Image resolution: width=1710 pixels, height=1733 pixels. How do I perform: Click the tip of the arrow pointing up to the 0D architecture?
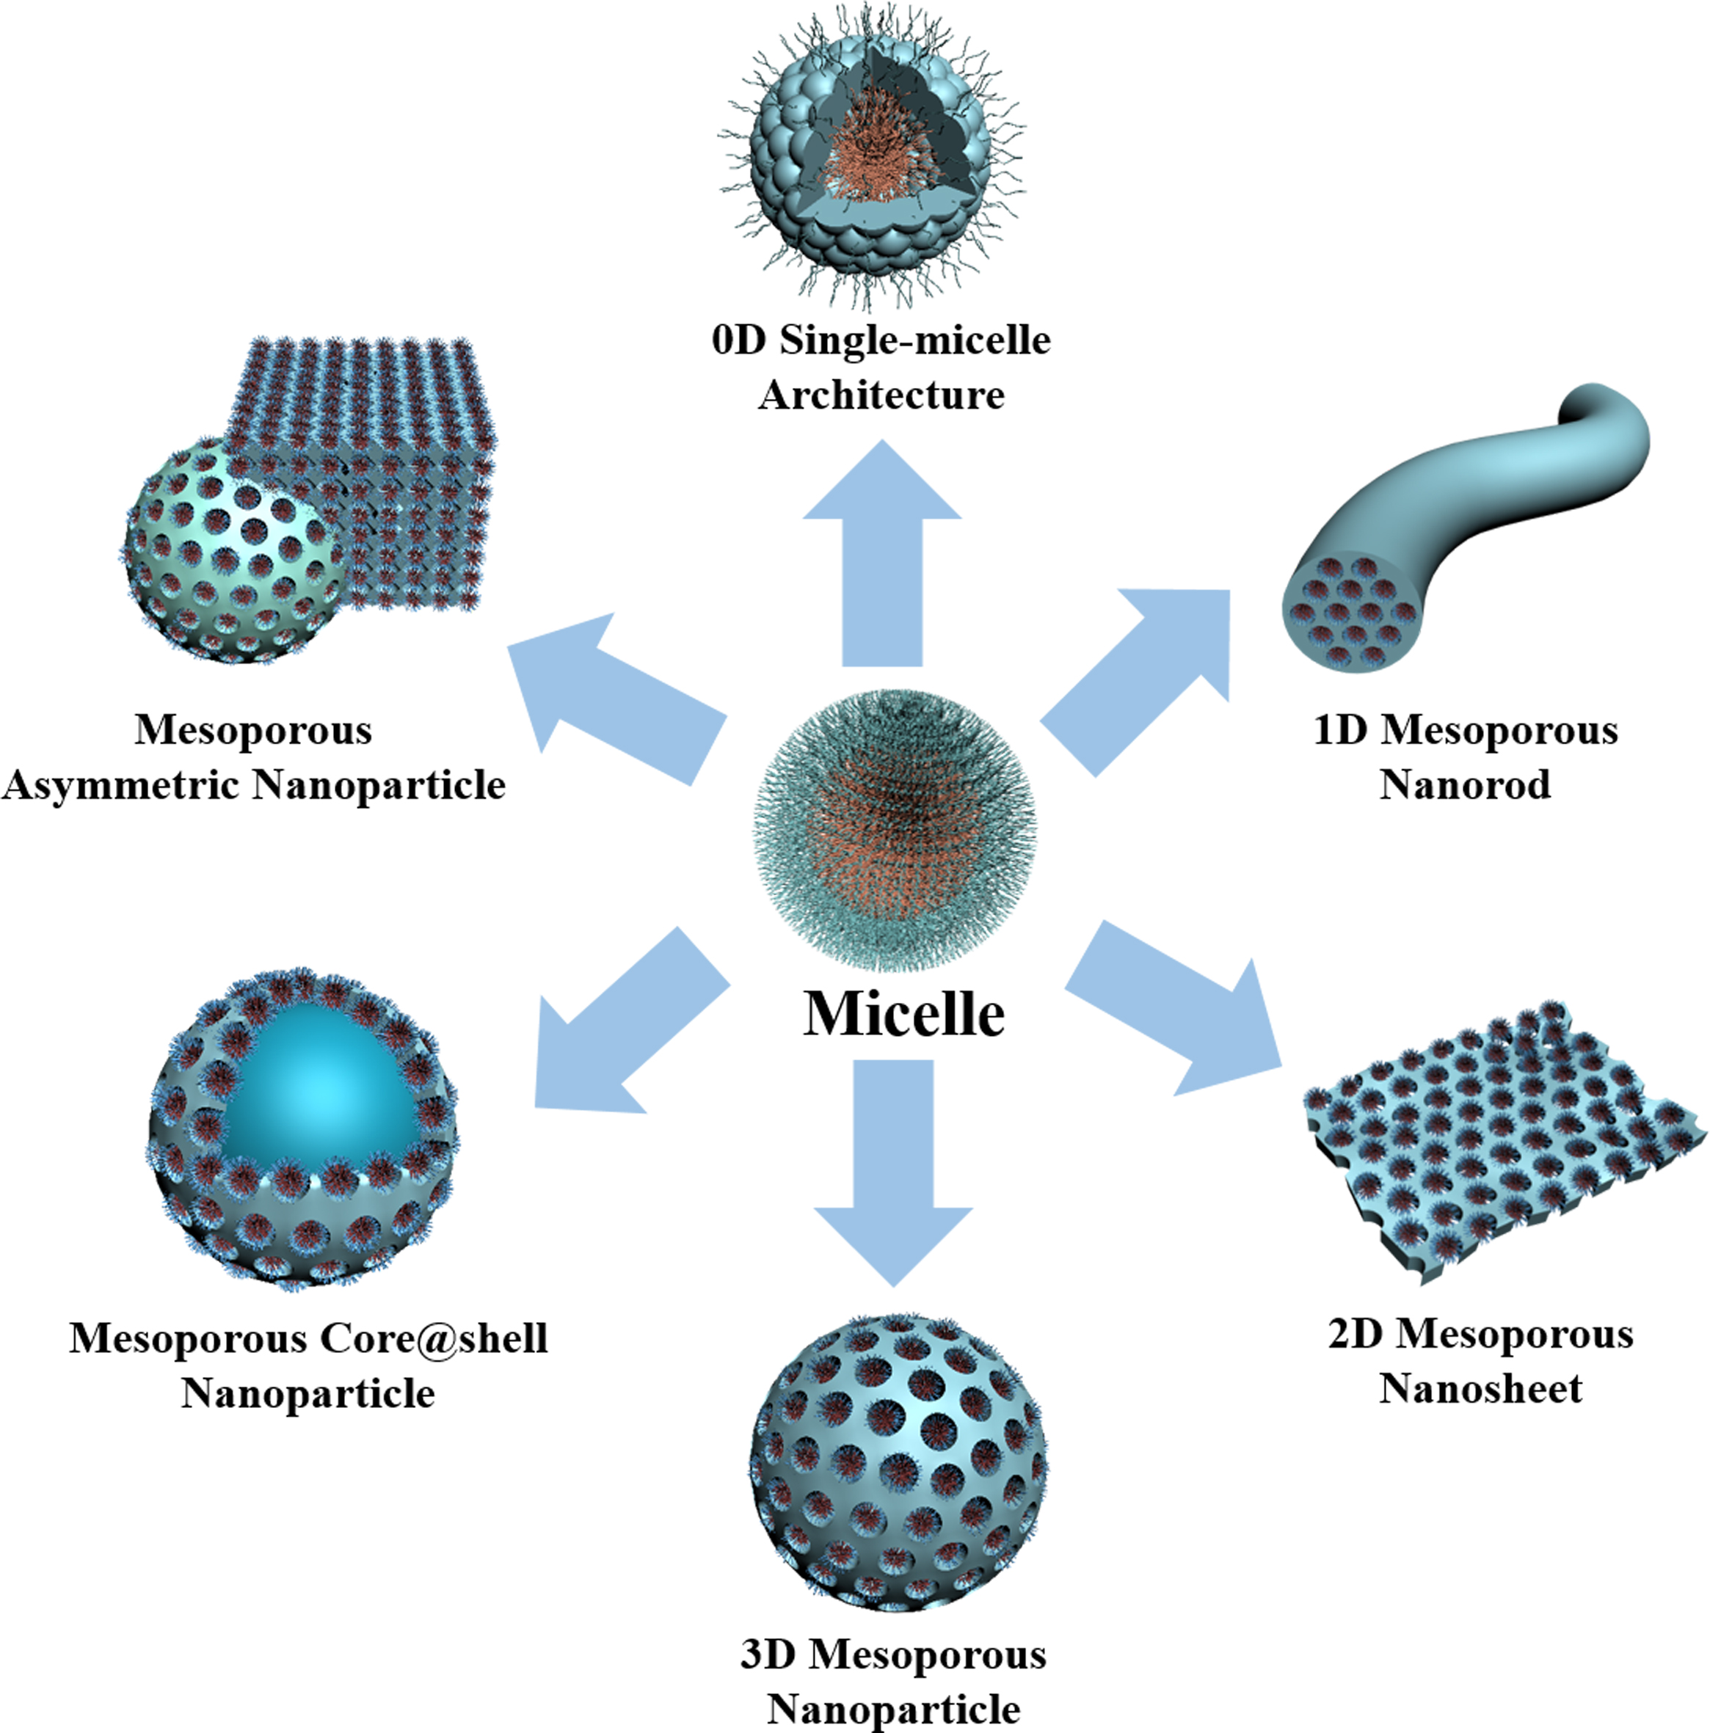pos(882,439)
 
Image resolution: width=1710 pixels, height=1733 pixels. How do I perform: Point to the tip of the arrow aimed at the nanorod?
pos(1229,590)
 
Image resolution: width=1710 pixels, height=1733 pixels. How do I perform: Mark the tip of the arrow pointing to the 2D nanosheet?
pos(1281,1068)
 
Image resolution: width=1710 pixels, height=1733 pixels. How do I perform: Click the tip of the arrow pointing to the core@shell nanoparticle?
pos(536,1106)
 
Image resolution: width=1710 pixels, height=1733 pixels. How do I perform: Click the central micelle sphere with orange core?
pos(895,831)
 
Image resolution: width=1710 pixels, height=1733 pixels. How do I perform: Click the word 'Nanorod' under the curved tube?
pos(1465,785)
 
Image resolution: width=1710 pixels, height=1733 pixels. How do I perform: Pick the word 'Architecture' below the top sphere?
pos(882,395)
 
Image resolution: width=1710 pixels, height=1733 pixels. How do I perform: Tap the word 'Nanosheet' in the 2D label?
pos(1480,1390)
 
